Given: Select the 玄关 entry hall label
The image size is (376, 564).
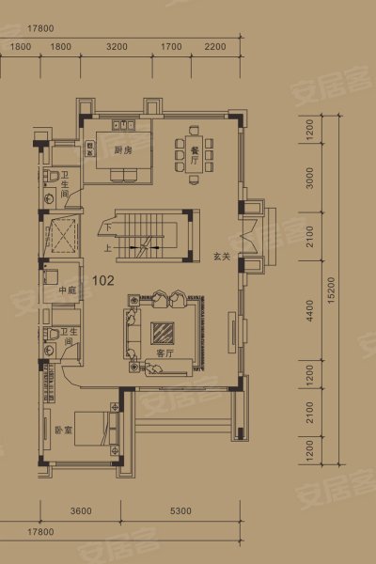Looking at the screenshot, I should pos(222,255).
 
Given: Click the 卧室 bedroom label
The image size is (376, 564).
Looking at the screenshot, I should pos(63,457).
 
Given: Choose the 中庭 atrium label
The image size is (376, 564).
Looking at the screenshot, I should pos(67,290).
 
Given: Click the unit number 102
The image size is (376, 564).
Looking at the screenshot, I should pos(104,279).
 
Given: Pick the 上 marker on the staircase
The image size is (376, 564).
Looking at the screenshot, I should pos(109,247).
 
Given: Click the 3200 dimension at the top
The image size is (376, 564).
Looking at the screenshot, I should pos(117,45).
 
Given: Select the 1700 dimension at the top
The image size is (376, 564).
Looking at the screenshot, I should pos(171,45).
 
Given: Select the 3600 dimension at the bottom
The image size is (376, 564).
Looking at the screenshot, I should pos(81,511).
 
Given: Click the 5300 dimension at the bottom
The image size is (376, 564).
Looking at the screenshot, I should pos(180,511).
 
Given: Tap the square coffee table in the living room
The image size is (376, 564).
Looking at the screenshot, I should pos(161,331).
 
